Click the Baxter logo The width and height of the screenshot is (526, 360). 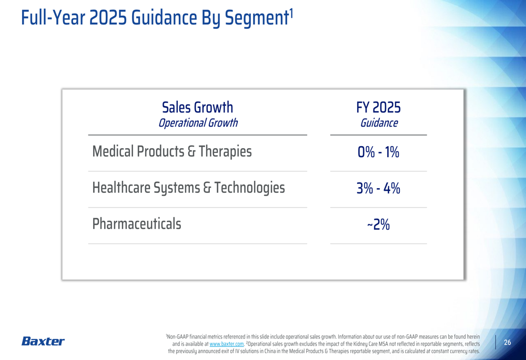(43, 342)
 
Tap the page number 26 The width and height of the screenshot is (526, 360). (508, 343)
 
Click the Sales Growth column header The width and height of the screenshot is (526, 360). (198, 108)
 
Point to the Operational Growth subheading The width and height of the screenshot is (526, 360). (198, 124)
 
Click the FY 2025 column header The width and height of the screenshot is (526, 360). (379, 108)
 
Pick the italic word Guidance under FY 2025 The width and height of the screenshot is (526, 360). (379, 124)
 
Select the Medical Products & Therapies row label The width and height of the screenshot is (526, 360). (172, 152)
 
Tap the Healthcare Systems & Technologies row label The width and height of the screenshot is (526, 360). (188, 188)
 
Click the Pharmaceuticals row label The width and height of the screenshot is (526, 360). (137, 224)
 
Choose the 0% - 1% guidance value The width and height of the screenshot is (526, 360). (379, 153)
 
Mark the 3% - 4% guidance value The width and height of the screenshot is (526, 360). (379, 189)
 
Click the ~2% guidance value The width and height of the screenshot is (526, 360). (379, 225)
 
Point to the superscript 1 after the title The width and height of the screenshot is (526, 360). (291, 11)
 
